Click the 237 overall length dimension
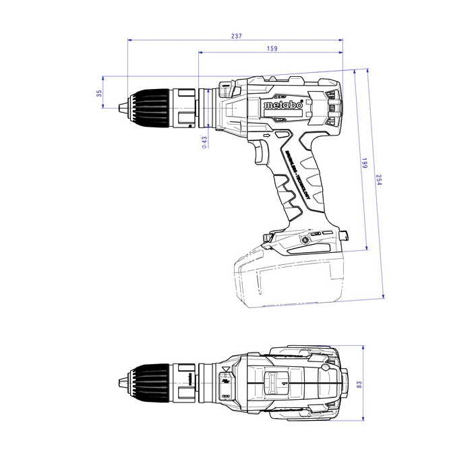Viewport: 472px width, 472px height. tap(235, 36)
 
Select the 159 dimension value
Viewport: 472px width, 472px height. tap(272, 49)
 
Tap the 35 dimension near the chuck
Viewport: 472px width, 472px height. tap(99, 94)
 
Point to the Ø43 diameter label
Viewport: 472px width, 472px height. tap(204, 141)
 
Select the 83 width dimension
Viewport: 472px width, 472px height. tap(359, 384)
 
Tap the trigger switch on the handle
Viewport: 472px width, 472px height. tap(261, 154)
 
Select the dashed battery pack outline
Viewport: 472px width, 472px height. tap(290, 280)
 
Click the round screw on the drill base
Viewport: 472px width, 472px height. tap(305, 239)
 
